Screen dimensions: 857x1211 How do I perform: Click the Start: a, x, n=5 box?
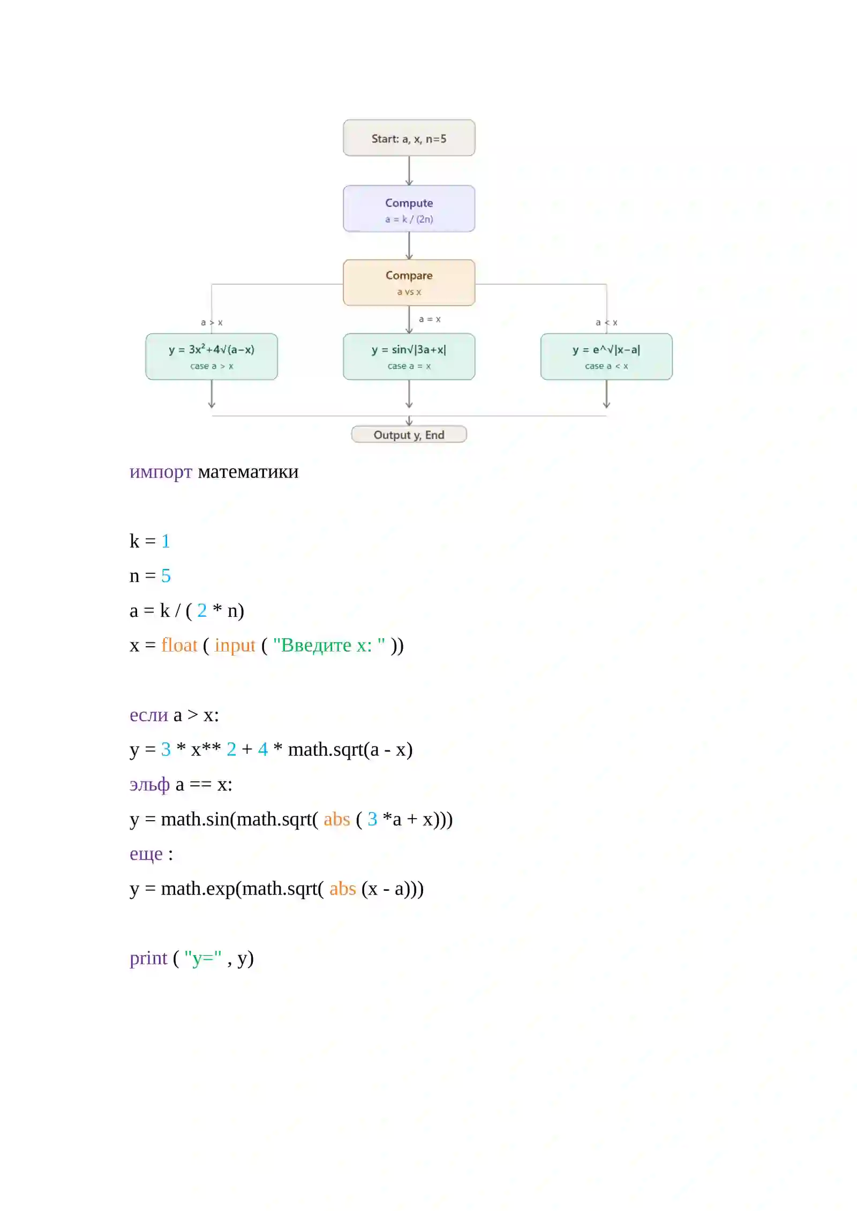coord(409,138)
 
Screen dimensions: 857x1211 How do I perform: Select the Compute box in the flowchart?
coord(409,208)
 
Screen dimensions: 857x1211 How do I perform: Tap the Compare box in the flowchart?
coord(409,283)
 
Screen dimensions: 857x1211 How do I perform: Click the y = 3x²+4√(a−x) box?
coord(212,357)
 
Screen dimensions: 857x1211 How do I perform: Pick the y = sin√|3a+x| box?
coord(409,357)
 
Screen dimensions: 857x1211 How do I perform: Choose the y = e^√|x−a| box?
coord(606,357)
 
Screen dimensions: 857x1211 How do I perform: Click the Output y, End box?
coord(409,434)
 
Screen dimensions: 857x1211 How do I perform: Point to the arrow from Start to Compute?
coord(409,171)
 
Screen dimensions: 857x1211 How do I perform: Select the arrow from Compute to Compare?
coord(409,246)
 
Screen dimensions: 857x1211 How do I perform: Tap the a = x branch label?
coord(430,319)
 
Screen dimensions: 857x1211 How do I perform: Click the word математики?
coord(248,472)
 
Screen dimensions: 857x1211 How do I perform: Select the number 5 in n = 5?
coord(166,576)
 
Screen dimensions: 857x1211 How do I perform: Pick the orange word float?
coord(179,645)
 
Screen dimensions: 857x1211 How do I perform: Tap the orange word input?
coord(235,646)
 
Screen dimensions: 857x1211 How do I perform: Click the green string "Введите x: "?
coord(329,646)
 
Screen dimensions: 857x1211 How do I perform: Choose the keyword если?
coord(149,715)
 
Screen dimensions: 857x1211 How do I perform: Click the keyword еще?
coord(146,854)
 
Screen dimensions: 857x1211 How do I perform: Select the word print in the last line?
coord(148,959)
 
